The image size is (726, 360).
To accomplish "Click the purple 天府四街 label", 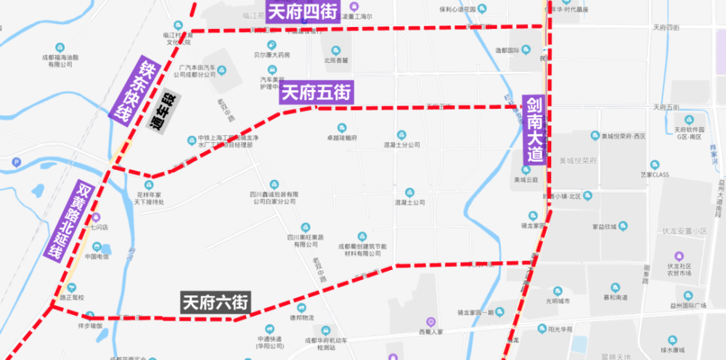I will click(303, 12).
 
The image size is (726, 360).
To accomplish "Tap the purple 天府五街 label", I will click(317, 93).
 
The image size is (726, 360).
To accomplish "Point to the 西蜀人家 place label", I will click(430, 331).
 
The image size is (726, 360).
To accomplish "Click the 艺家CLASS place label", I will click(654, 174).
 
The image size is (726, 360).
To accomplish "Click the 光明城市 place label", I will click(558, 300).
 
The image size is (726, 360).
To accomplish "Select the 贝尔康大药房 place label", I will click(272, 54).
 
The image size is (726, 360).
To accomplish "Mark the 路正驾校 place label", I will click(72, 297).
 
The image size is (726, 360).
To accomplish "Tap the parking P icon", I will click(16, 162).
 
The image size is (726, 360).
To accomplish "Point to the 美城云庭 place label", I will click(526, 179).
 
